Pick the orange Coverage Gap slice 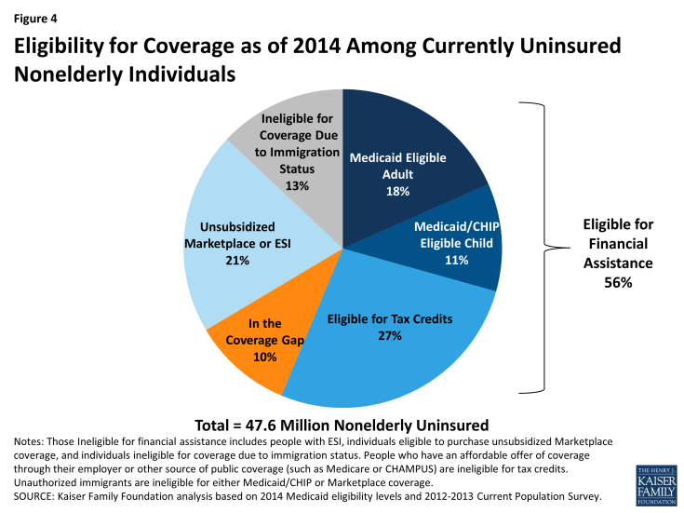tap(247, 344)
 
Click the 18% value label tap(397, 191)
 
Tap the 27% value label tap(390, 335)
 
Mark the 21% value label tap(236, 261)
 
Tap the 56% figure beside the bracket tap(617, 282)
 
